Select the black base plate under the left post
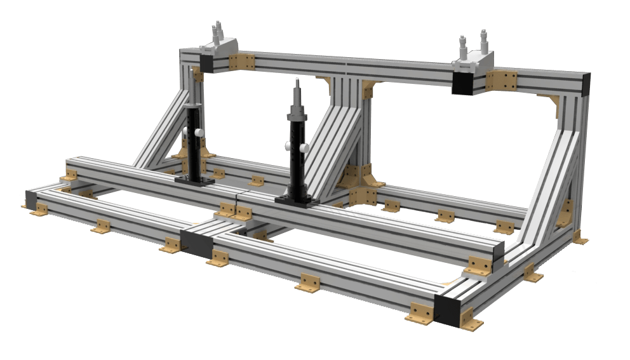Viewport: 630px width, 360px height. pyautogui.click(x=194, y=181)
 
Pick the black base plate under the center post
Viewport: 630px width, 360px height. pyautogui.click(x=297, y=201)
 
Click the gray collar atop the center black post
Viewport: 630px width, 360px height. pyautogui.click(x=297, y=115)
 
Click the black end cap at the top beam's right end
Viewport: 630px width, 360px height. pyautogui.click(x=586, y=84)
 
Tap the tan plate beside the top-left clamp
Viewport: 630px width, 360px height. pyautogui.click(x=241, y=62)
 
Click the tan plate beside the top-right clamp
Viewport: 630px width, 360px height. pyautogui.click(x=502, y=81)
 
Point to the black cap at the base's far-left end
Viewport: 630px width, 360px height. pyautogui.click(x=31, y=198)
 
